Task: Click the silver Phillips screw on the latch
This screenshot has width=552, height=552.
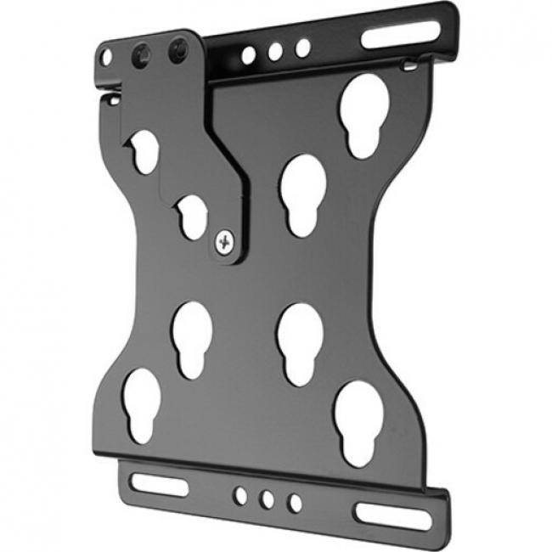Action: click(x=224, y=242)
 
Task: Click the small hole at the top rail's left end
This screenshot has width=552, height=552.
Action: click(x=106, y=58)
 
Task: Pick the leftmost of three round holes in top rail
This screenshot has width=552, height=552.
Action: click(x=248, y=56)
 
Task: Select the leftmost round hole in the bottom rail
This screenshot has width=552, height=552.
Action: click(x=241, y=493)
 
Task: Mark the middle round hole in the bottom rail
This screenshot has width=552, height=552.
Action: click(x=267, y=498)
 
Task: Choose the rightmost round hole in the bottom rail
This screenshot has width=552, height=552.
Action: click(x=294, y=503)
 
